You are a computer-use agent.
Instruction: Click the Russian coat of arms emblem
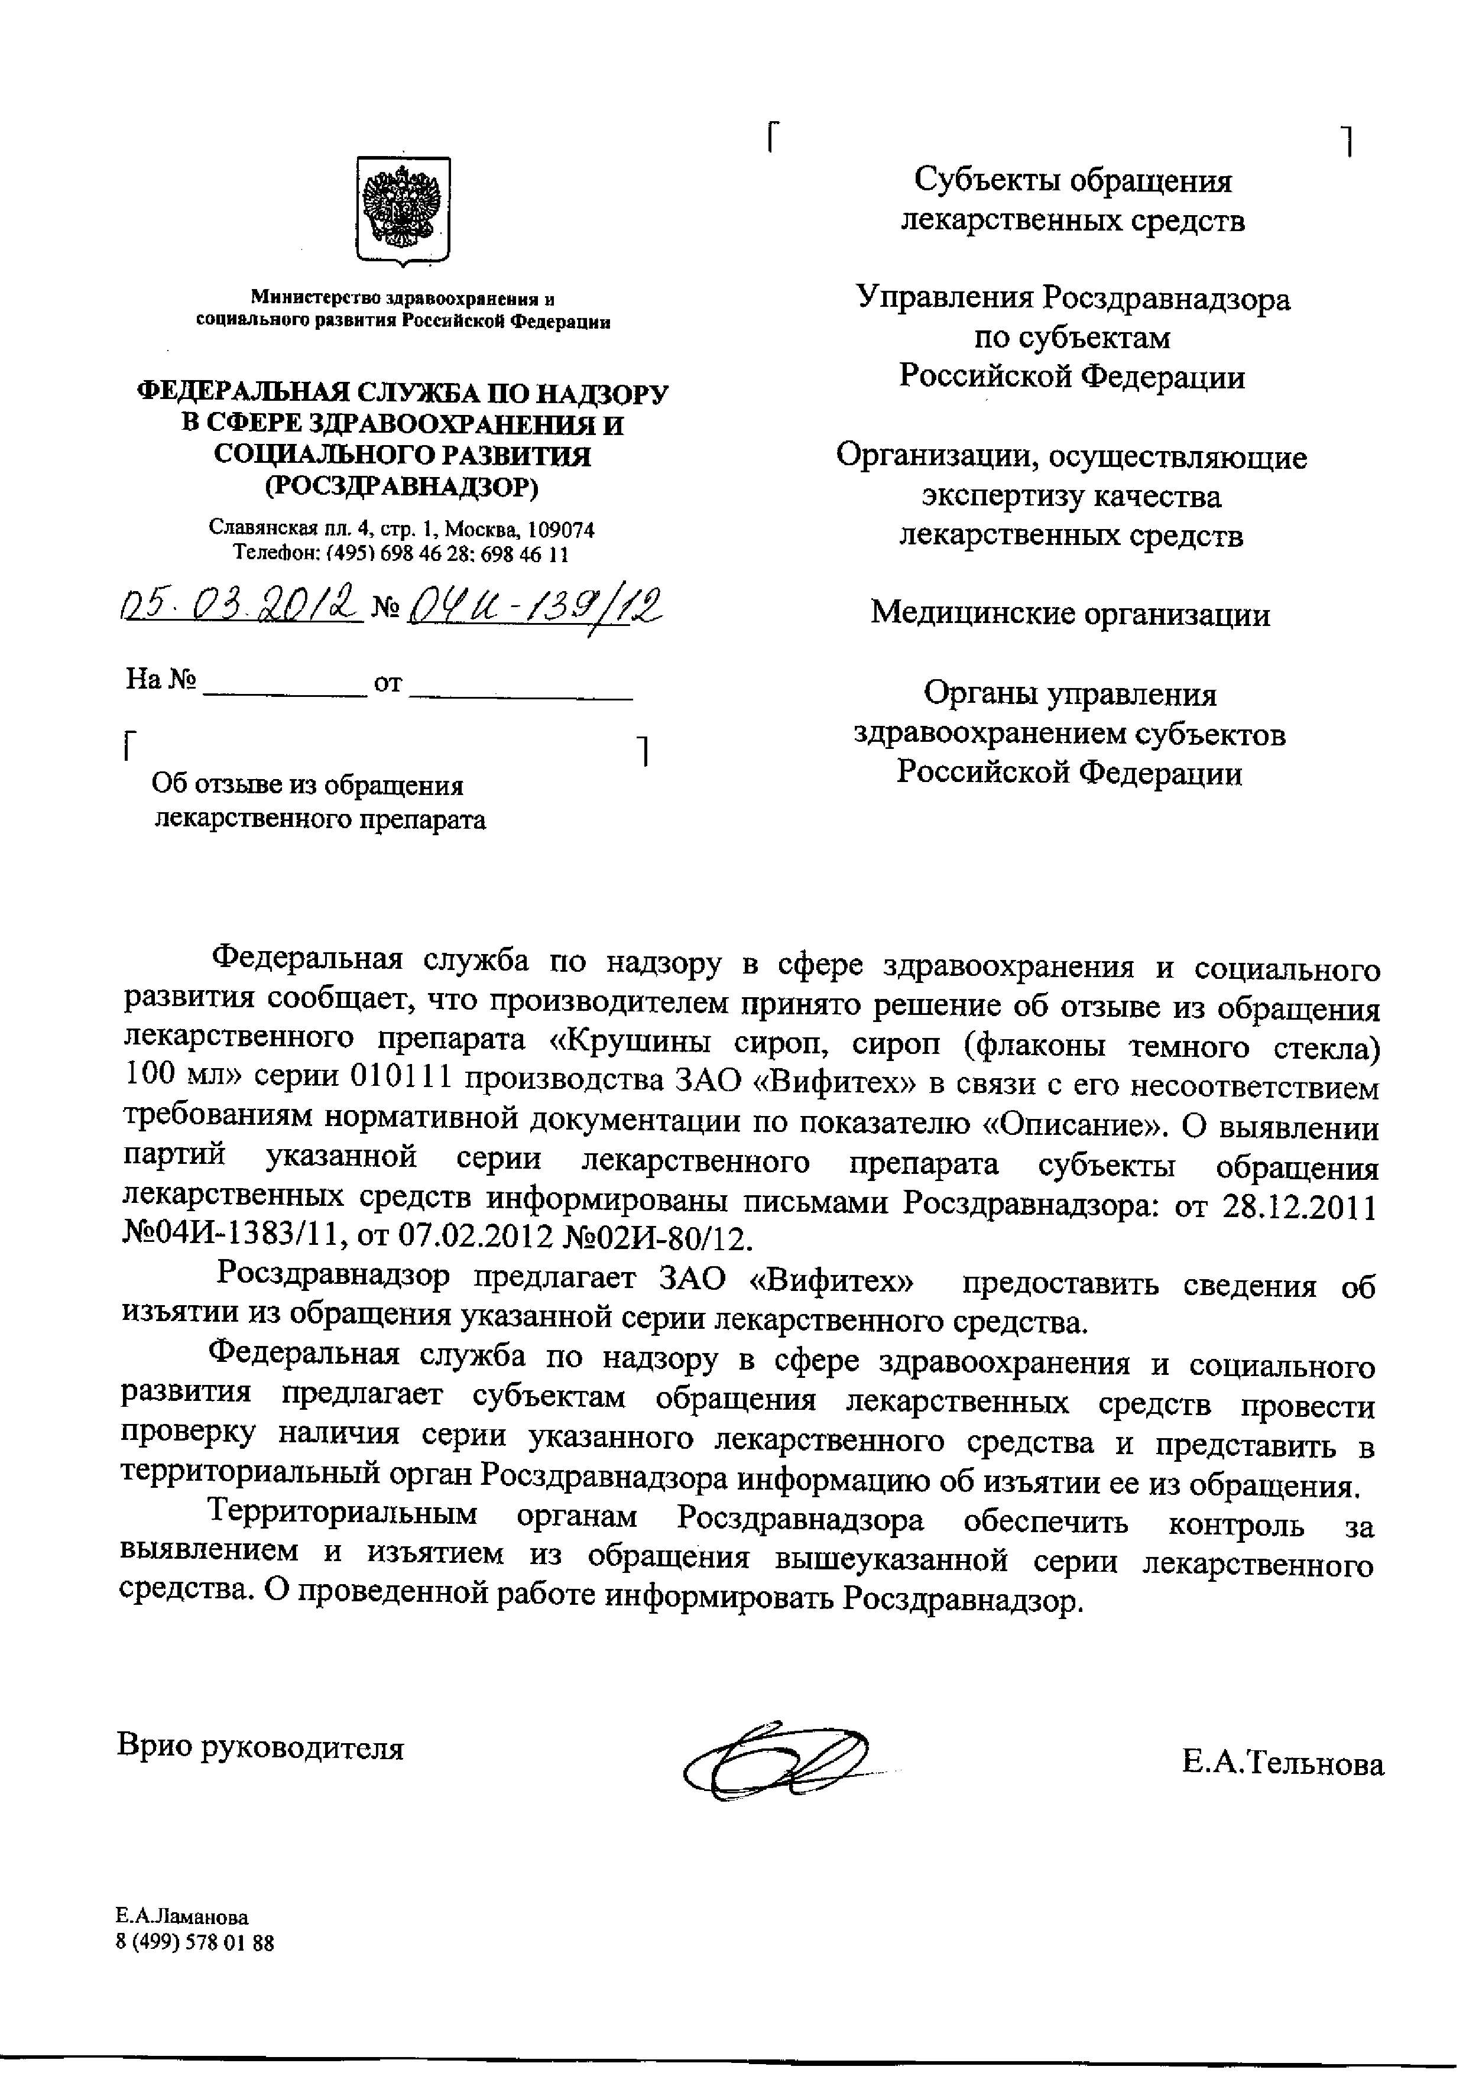coord(404,210)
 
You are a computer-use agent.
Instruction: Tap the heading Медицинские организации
coord(1071,614)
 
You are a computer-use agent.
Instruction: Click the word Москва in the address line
coord(490,529)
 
